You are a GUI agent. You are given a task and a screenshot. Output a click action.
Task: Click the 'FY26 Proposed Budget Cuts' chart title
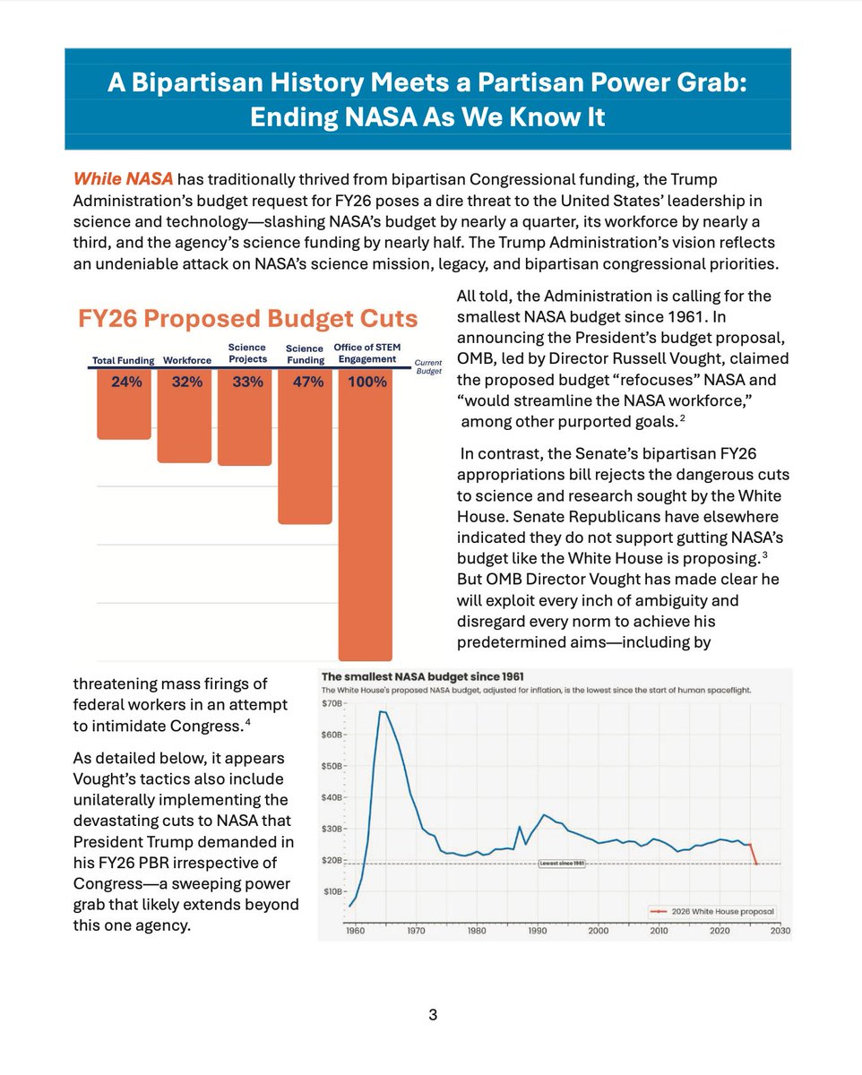248,319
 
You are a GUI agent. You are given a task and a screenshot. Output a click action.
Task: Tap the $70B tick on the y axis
332,704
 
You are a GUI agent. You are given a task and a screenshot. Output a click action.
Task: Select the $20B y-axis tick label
332,861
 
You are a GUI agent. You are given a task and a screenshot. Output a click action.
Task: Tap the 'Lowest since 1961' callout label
561,864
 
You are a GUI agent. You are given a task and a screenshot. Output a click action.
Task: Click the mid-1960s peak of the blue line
383,711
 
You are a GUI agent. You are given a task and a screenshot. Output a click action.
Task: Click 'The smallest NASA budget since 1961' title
423,675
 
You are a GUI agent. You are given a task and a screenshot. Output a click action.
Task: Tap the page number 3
432,1015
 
